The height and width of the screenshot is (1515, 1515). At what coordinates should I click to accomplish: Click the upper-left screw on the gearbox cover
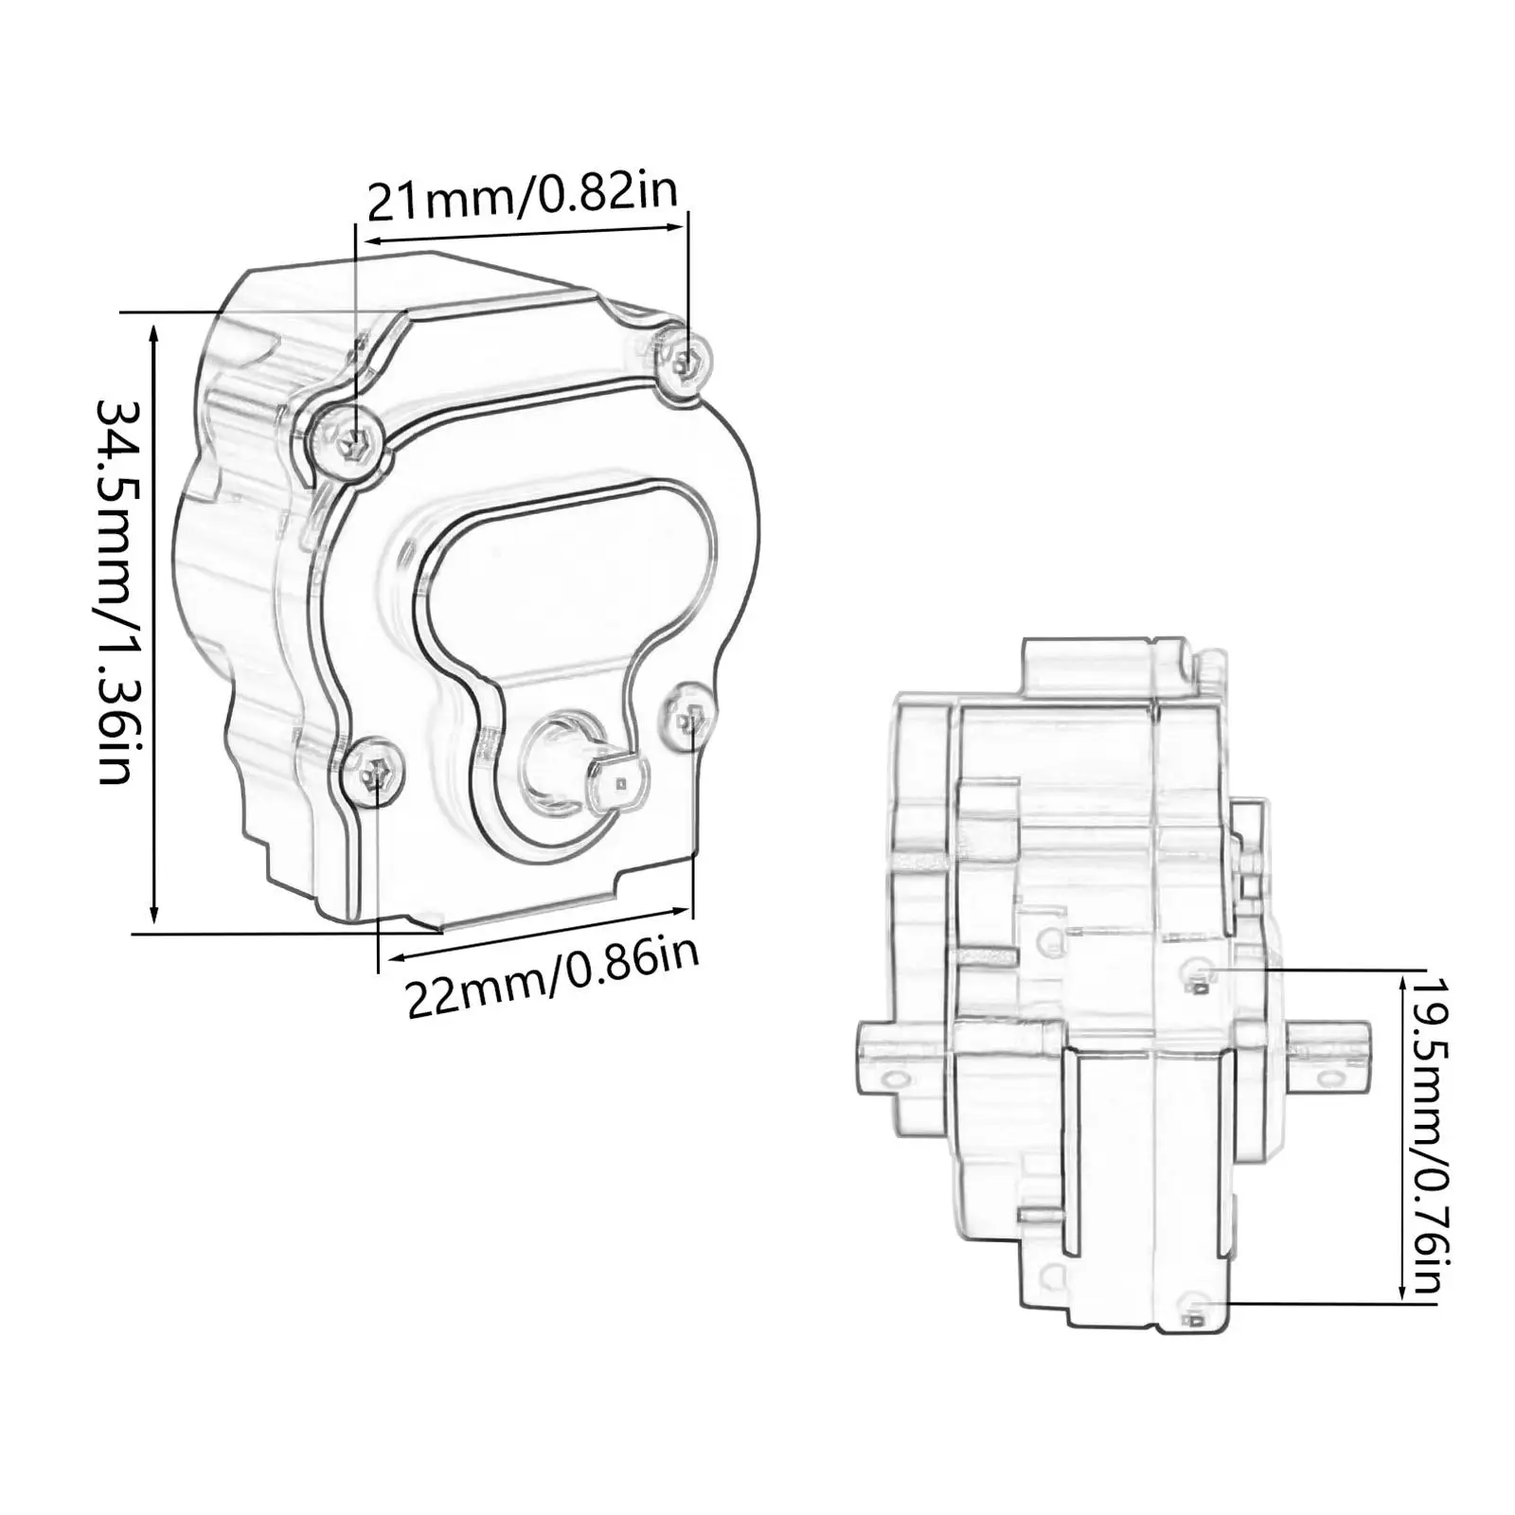coord(351,438)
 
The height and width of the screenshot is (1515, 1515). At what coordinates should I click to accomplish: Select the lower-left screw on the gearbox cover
coord(373,775)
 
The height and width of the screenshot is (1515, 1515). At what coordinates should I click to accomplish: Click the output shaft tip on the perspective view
coord(620,782)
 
